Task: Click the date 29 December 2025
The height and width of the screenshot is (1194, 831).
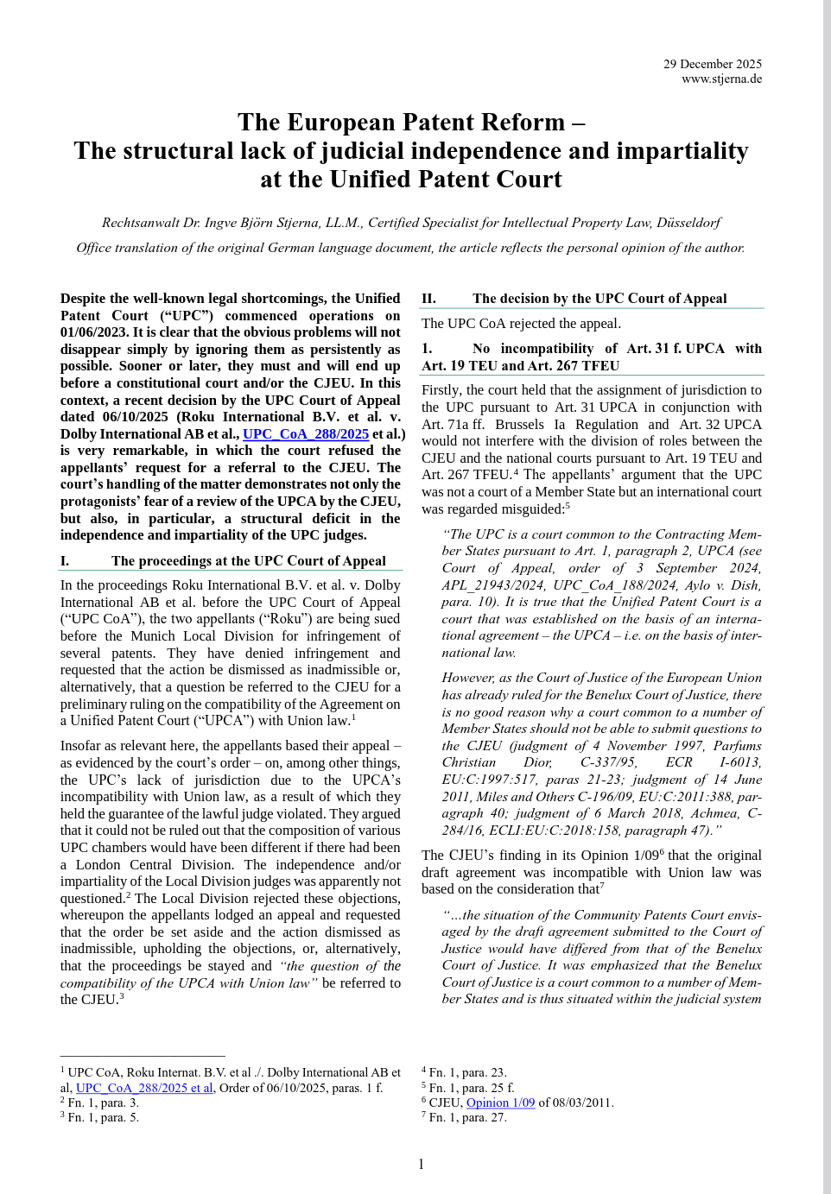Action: tap(712, 64)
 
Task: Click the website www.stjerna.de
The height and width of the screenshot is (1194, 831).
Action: tap(721, 79)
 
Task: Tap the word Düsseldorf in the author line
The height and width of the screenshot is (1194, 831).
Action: tap(688, 223)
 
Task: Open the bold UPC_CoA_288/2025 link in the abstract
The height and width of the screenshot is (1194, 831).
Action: tap(306, 434)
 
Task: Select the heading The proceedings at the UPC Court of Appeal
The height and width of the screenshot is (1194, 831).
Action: tap(248, 561)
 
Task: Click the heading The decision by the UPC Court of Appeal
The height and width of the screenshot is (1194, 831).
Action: tap(599, 299)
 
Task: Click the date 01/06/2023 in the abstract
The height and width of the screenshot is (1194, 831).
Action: tap(92, 332)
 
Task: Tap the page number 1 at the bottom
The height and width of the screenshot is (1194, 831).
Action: tap(421, 1164)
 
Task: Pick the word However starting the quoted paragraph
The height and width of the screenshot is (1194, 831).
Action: tap(468, 678)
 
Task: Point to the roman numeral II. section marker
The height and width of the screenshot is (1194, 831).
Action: tap(428, 299)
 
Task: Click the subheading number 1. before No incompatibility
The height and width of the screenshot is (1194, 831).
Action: tap(427, 349)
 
